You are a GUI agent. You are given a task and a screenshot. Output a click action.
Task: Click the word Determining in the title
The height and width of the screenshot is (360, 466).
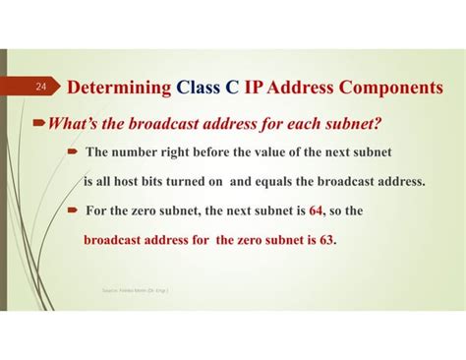120,88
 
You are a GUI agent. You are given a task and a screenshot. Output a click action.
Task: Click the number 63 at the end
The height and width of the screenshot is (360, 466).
326,239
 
